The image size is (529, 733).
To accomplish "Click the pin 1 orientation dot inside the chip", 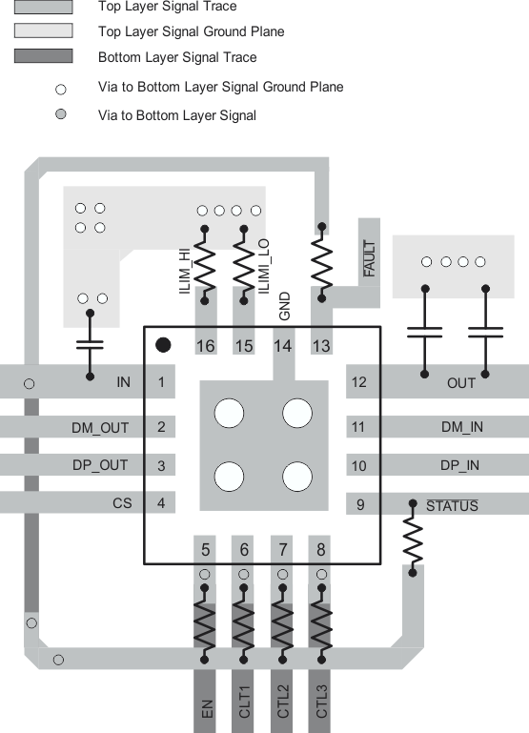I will [x=163, y=344].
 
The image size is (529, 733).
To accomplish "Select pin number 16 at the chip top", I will [x=205, y=345].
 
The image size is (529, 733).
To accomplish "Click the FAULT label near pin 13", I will [x=370, y=259].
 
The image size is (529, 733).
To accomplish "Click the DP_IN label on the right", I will [x=460, y=465].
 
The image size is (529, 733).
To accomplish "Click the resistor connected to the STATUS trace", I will [x=413, y=539].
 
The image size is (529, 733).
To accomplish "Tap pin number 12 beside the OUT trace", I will [x=360, y=382].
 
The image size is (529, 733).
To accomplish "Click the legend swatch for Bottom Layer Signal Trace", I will [x=43, y=57].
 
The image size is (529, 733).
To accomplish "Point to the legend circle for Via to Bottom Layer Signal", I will [x=62, y=115].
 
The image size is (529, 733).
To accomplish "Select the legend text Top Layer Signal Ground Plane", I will [x=191, y=31].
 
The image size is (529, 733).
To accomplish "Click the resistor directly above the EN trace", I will [x=205, y=625].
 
